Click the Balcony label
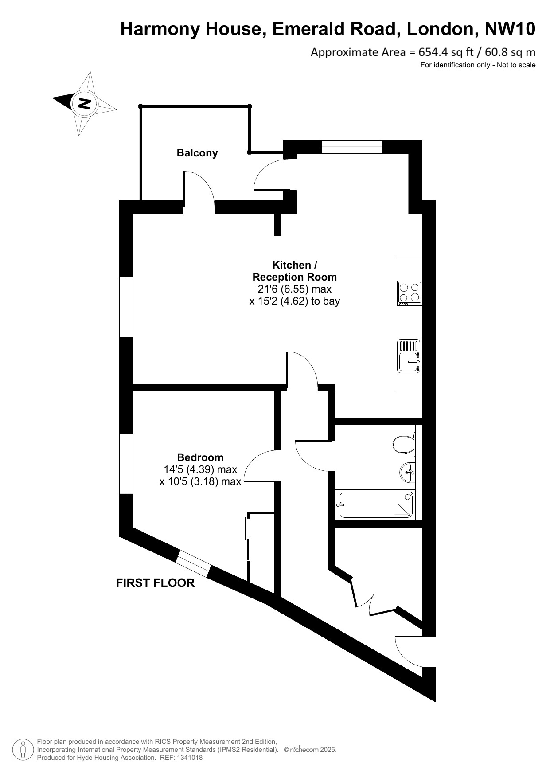tap(197, 153)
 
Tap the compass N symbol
tap(84, 104)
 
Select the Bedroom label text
tap(200, 457)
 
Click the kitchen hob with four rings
tap(409, 293)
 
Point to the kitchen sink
tap(409, 356)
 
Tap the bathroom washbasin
tap(407, 472)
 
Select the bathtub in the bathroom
tap(376, 505)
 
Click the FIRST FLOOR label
tap(155, 583)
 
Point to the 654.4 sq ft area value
tap(441, 52)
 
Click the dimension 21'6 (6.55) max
tap(295, 289)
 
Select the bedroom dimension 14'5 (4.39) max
tap(200, 469)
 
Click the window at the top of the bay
tap(351, 147)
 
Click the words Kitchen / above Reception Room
tap(295, 265)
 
